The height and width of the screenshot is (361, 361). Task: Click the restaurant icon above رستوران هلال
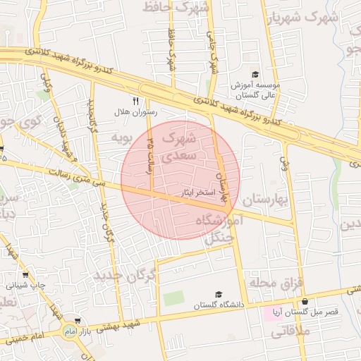point(135,101)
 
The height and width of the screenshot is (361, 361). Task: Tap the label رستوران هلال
point(136,112)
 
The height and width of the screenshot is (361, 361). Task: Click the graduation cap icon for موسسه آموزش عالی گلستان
point(255,74)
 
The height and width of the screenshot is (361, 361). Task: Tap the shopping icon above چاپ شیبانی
point(26,275)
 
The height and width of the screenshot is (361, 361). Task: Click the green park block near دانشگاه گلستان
point(173,298)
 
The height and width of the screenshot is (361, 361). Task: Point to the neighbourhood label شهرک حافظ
point(176,7)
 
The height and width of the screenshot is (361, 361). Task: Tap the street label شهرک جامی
point(212,49)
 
